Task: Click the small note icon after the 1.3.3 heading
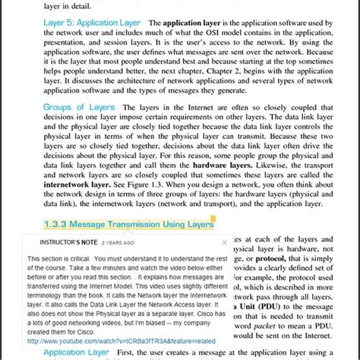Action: click(x=213, y=221)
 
